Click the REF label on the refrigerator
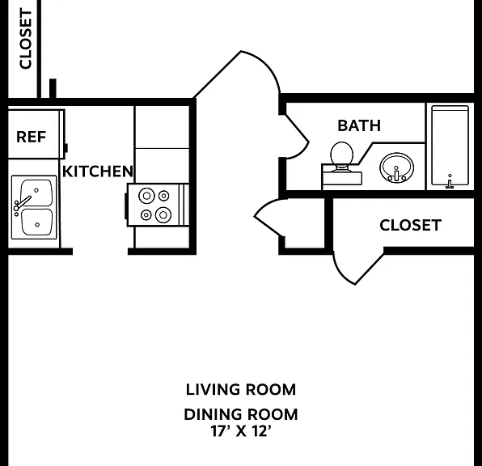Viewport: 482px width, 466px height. click(x=31, y=137)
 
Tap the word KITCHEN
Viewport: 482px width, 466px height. click(x=98, y=172)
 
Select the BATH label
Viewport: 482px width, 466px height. click(x=359, y=125)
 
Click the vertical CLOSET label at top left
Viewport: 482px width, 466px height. click(x=26, y=39)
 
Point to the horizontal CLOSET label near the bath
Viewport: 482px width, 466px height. click(x=411, y=225)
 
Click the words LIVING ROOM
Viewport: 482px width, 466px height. click(x=241, y=389)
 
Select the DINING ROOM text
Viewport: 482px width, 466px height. click(x=241, y=414)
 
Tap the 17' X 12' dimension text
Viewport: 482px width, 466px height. click(x=241, y=431)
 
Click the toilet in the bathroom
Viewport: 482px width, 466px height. click(x=341, y=163)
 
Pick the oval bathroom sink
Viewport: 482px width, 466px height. click(x=396, y=168)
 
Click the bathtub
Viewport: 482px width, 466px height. click(x=450, y=146)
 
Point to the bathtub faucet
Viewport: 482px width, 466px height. click(x=450, y=183)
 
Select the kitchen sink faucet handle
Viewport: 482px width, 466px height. click(x=22, y=203)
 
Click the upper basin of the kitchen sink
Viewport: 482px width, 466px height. click(x=36, y=193)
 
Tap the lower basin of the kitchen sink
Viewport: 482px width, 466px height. click(x=37, y=222)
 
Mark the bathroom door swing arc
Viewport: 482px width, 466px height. click(x=301, y=152)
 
